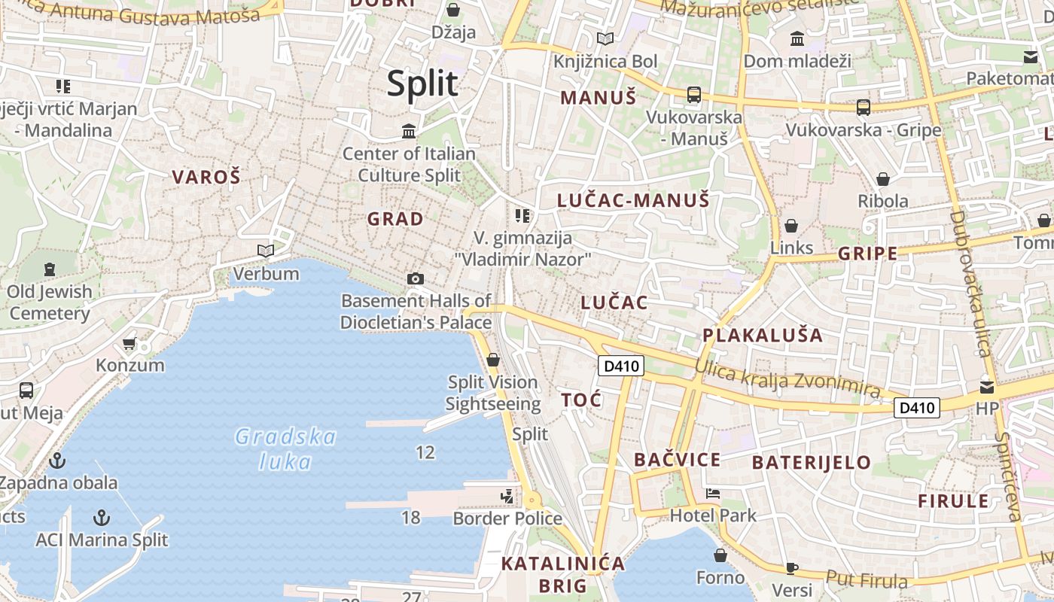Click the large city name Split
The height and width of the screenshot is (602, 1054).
422,84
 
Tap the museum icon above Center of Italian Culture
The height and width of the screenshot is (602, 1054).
409,132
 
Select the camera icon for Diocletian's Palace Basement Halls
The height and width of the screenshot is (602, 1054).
415,279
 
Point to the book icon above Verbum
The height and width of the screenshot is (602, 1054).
265,251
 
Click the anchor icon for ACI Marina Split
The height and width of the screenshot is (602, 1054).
101,518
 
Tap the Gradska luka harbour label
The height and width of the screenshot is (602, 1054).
285,448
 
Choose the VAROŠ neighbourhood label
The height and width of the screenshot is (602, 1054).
206,178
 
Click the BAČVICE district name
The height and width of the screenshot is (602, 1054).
677,460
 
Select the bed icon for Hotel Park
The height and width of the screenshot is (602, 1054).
712,494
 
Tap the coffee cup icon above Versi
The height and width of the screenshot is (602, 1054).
791,567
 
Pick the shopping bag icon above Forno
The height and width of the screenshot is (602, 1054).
720,555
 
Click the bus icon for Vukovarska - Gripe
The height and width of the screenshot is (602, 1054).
863,108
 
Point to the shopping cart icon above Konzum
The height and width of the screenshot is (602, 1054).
129,344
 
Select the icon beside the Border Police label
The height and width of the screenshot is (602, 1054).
507,496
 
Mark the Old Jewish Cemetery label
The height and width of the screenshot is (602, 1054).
50,302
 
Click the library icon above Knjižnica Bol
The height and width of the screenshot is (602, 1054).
605,38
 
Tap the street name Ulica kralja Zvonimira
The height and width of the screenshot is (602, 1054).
787,379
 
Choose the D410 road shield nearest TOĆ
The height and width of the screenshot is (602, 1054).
621,366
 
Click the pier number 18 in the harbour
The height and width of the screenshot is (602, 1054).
410,517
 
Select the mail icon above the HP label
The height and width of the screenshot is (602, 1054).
986,388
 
